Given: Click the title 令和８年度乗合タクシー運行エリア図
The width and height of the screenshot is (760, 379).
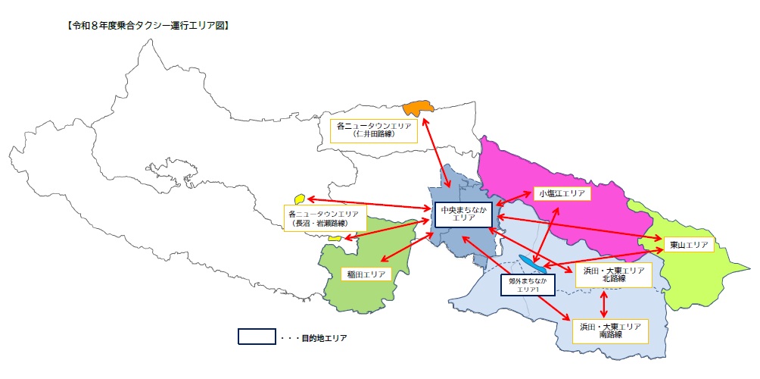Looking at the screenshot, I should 148,26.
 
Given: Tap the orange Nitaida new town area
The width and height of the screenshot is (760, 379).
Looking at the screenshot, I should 416,108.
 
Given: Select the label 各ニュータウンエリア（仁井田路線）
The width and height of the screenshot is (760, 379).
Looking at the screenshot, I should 375,130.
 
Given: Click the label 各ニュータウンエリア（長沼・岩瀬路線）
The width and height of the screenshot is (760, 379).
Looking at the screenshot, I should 325,218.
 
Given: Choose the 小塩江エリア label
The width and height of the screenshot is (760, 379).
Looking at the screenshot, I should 562,194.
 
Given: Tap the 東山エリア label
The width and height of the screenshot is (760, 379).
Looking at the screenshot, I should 689,245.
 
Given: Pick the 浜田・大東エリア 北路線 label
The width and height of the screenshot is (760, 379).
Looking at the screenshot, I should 612,274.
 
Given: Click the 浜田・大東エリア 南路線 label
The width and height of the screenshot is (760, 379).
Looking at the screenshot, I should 610,330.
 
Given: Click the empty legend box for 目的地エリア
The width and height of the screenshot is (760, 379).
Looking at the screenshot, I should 256,337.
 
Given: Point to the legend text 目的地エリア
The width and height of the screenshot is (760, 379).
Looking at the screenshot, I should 321,338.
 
